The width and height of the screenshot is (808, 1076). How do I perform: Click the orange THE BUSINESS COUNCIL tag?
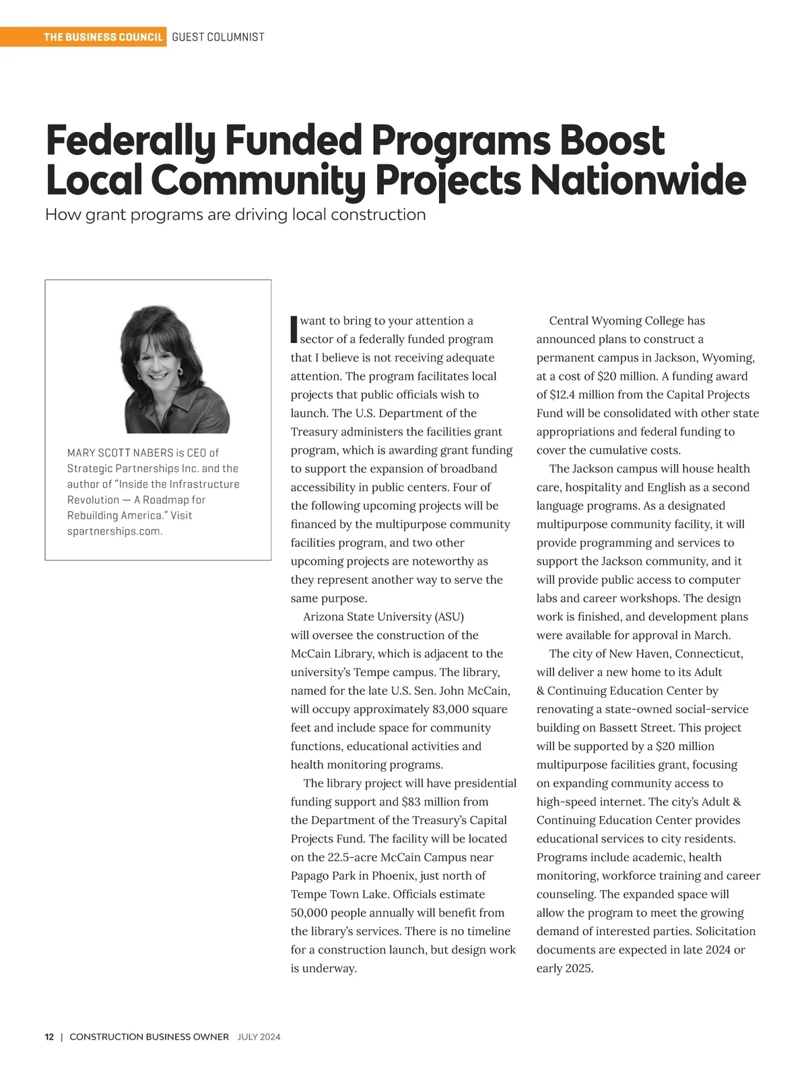[103, 37]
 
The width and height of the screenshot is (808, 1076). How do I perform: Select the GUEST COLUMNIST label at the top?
[218, 37]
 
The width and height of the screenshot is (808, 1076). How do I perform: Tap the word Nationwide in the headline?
[638, 180]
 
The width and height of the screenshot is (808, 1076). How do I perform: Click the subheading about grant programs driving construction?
[235, 215]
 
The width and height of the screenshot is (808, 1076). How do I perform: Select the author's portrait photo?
[176, 370]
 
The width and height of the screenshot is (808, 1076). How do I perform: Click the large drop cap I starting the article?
[294, 329]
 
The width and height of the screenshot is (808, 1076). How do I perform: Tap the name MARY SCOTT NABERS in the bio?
[120, 452]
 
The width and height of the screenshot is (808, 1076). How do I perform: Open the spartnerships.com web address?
[114, 531]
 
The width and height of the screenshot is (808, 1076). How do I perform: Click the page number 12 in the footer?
[49, 1037]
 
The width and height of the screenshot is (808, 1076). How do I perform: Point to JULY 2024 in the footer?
[259, 1037]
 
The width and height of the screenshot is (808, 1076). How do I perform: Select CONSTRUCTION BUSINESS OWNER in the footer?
[149, 1037]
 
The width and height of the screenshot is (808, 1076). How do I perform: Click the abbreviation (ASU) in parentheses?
[449, 617]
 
